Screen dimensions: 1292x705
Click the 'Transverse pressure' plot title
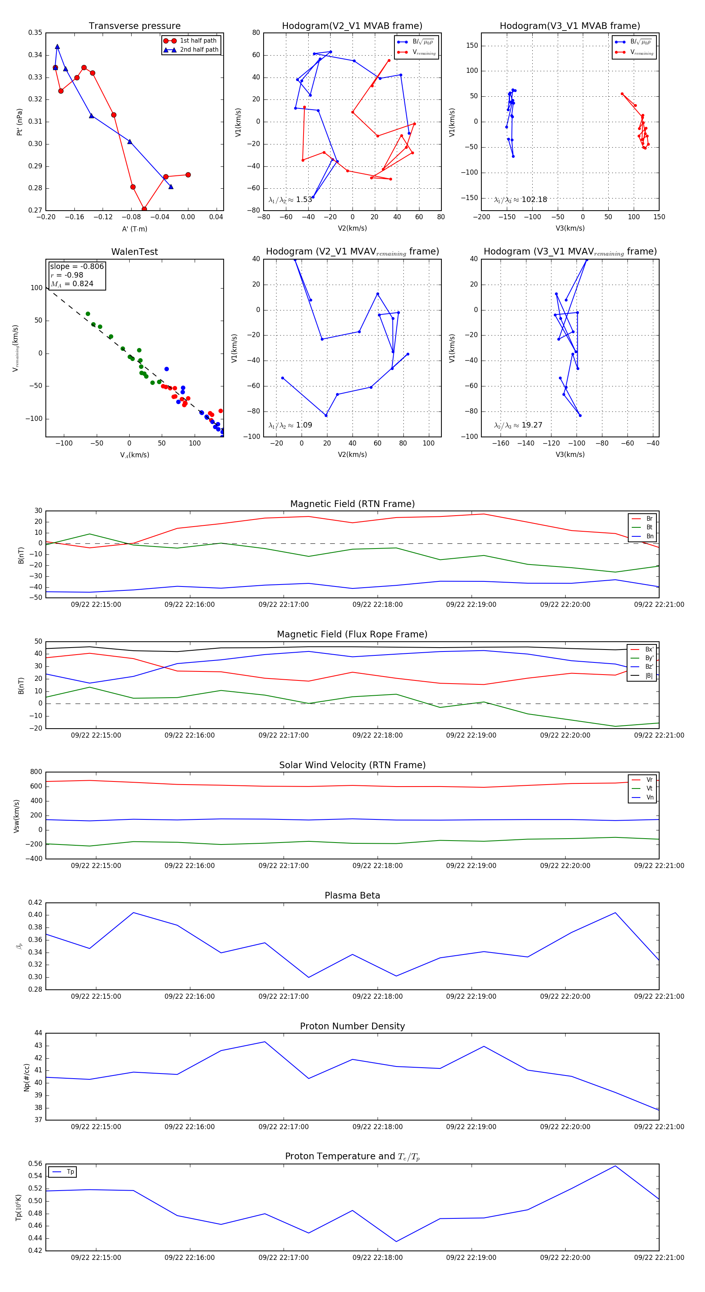(134, 26)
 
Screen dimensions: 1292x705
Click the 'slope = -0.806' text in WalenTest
(77, 266)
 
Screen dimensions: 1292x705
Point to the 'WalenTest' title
(134, 252)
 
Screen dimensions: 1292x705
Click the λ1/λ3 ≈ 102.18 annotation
(521, 200)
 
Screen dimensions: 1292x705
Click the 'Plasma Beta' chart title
(352, 895)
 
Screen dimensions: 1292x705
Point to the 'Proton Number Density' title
(352, 1026)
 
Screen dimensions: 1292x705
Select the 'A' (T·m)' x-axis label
(134, 229)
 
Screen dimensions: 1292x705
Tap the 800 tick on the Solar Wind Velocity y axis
(36, 772)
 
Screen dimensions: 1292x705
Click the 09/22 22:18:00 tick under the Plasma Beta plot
(377, 996)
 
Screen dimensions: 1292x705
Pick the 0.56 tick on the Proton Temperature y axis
(35, 1164)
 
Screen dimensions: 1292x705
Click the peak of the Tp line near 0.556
(615, 1166)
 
